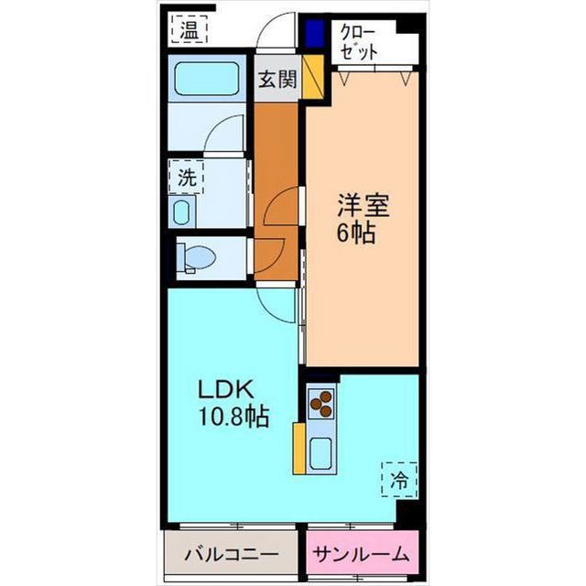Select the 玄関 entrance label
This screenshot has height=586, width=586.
click(276, 80)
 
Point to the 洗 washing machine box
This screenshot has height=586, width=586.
click(187, 178)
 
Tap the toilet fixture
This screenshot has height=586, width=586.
click(195, 257)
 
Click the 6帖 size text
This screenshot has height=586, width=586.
click(354, 233)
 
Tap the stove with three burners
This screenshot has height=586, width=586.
click(321, 403)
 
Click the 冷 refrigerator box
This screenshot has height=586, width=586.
click(399, 478)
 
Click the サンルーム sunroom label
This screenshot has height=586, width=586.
click(360, 555)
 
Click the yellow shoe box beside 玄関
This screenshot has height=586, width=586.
click(312, 77)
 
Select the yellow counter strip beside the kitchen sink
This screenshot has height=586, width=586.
click(298, 448)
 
